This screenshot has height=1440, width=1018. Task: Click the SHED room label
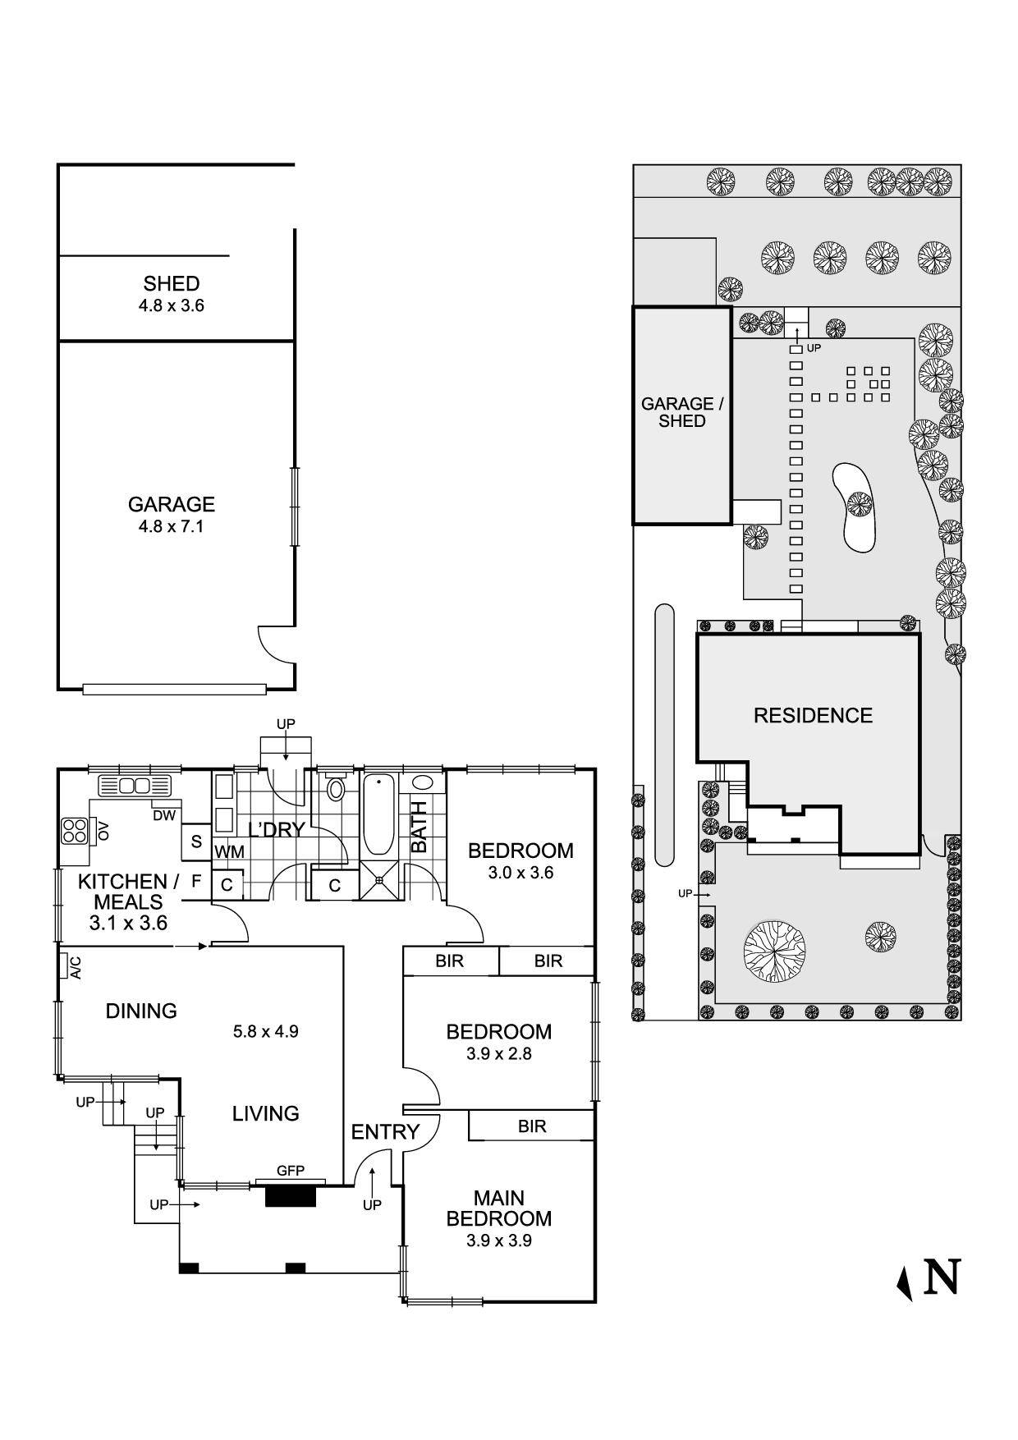coord(171,284)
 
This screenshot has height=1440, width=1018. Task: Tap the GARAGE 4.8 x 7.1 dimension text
coord(171,527)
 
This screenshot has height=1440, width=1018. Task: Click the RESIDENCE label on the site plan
coord(813,716)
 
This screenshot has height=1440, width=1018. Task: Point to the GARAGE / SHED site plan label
coord(681,412)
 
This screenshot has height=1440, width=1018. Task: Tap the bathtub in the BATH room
coord(378,814)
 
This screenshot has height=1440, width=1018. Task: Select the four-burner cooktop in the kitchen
coord(74,831)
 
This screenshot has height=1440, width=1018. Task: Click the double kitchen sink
coord(135,786)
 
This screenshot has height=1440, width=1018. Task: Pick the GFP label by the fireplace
coord(291,1171)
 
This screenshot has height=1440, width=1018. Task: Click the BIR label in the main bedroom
coord(532,1126)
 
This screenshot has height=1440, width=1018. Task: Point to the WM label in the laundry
coord(229,852)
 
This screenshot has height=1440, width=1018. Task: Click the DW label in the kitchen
coord(163,815)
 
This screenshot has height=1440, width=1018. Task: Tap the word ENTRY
coord(385,1132)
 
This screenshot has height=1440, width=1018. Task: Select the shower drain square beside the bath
coord(380,880)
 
